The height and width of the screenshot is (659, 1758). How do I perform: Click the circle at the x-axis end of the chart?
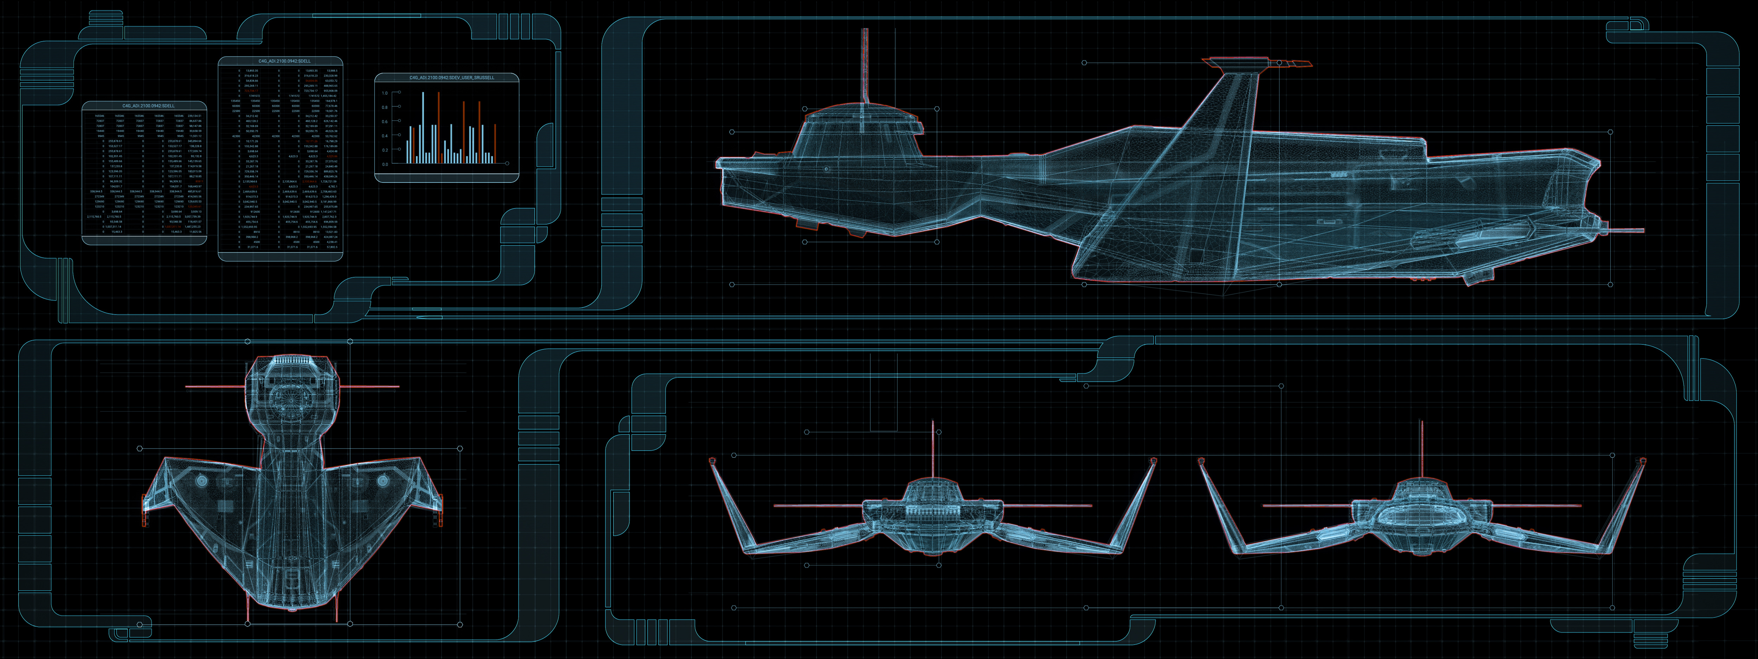coord(507,163)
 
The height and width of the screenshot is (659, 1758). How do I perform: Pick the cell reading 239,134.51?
coord(194,116)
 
